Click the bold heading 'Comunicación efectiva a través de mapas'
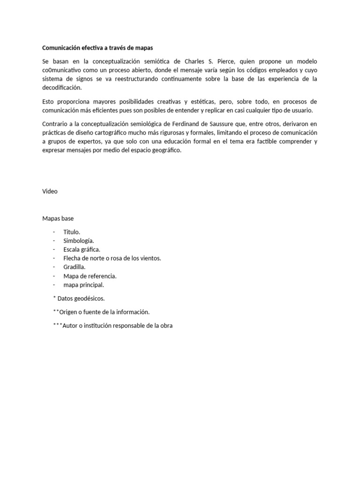click(97, 48)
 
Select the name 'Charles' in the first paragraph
click(197, 61)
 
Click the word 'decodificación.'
click(62, 88)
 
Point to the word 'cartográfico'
click(128, 133)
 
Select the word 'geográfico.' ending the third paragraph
click(165, 150)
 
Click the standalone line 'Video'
click(50, 191)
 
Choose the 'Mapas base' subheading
click(58, 218)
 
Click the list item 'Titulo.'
click(72, 232)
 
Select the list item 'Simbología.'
click(78, 240)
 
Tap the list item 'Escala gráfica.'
click(82, 249)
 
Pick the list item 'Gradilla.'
click(75, 267)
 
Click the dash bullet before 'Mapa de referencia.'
click(54, 276)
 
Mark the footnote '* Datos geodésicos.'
click(79, 298)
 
